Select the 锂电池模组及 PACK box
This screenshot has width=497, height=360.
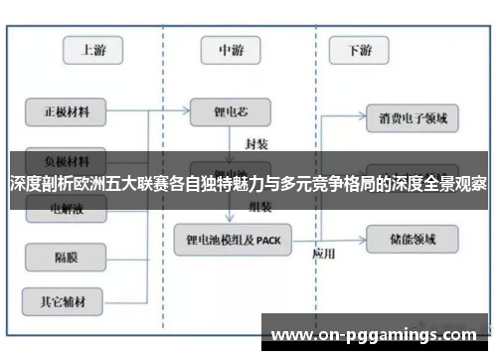(x=233, y=239)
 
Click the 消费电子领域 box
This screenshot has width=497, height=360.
(x=413, y=119)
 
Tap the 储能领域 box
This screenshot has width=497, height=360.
(x=413, y=239)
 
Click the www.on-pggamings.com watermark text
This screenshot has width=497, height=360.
(x=373, y=334)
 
